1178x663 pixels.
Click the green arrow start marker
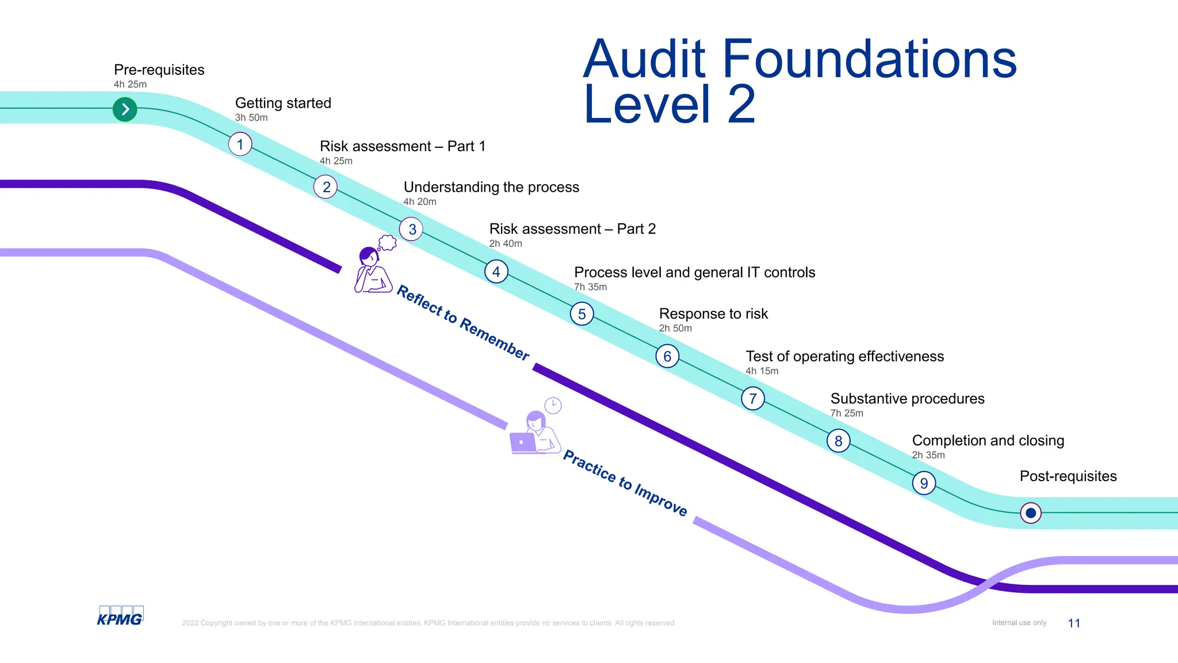coord(125,109)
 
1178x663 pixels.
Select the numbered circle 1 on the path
coord(240,144)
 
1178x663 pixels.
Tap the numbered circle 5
coord(582,314)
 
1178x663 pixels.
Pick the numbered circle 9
coord(924,483)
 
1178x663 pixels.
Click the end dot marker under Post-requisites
coord(1031,513)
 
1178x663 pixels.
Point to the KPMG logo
coord(120,616)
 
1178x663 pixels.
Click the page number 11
coord(1074,623)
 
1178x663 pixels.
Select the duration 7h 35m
coord(590,287)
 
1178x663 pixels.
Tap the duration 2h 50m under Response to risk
coord(675,328)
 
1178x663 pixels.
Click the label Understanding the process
coord(491,187)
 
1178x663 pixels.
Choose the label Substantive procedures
coord(907,399)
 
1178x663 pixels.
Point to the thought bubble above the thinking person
coord(387,243)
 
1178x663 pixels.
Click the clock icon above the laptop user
coord(553,405)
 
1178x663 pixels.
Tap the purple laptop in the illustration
coord(523,443)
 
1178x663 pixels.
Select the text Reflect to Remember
coord(463,323)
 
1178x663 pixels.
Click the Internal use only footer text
coord(1019,623)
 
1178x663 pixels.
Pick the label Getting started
coord(283,103)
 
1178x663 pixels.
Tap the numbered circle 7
coord(752,398)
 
